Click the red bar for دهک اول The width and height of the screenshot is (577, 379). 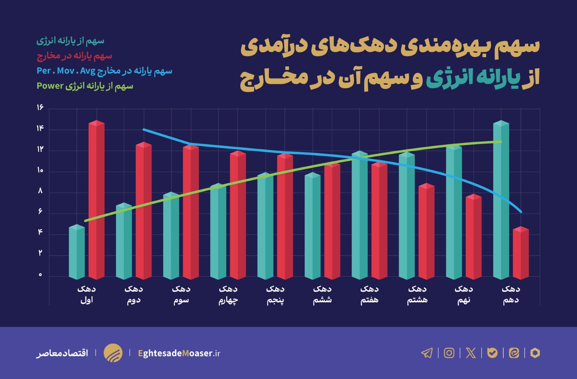[x=96, y=200]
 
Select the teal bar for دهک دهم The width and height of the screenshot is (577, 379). [x=501, y=200]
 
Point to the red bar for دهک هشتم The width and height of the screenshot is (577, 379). [x=426, y=232]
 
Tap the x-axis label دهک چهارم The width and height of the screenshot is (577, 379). [x=228, y=294]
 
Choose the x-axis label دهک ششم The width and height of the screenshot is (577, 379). [x=322, y=294]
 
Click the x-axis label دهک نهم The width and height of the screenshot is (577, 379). [x=463, y=294]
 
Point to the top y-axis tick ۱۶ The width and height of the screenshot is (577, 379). [x=40, y=107]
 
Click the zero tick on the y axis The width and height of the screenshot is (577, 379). [x=40, y=275]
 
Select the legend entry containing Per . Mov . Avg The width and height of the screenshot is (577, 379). [x=104, y=71]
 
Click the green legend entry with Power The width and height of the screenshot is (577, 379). [x=85, y=86]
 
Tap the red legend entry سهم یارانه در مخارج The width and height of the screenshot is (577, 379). [x=74, y=56]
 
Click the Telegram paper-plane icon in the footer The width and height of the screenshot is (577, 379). [x=427, y=353]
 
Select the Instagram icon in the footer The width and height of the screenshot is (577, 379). [x=449, y=353]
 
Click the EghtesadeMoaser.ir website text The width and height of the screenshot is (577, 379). [x=179, y=353]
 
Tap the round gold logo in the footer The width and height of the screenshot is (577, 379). [x=113, y=353]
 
